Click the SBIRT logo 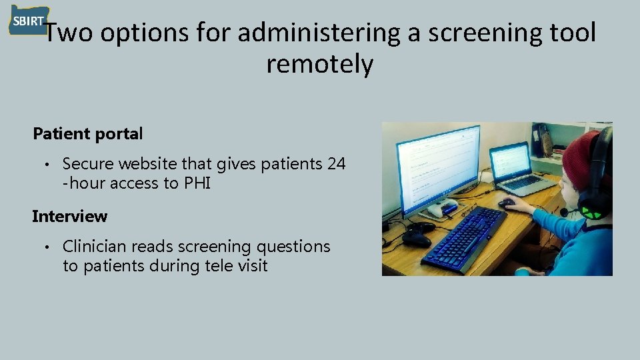(27, 21)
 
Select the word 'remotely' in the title (319, 65)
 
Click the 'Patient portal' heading (88, 133)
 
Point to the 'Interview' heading (69, 216)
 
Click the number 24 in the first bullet (337, 163)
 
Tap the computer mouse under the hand (507, 203)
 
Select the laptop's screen (511, 161)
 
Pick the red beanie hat (577, 157)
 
